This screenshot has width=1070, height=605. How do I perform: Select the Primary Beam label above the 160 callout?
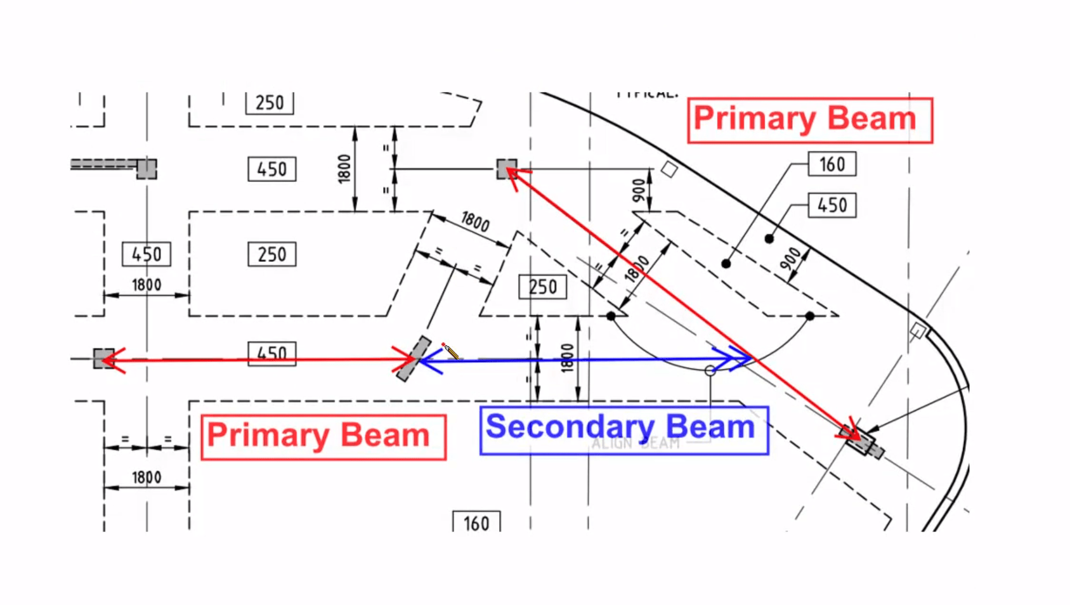[x=809, y=120]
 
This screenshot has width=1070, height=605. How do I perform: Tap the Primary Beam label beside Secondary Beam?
[x=323, y=436]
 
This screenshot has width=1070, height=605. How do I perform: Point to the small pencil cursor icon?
[x=450, y=351]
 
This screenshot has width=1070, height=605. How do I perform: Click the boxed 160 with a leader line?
[x=832, y=164]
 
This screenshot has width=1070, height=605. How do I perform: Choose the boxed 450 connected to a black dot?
[x=832, y=205]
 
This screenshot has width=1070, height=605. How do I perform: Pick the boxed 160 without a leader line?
[x=476, y=523]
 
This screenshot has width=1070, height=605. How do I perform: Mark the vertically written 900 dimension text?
[x=639, y=190]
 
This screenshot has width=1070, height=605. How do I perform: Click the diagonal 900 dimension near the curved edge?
[x=790, y=258]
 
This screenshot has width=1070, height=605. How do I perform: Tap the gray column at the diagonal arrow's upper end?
[x=507, y=169]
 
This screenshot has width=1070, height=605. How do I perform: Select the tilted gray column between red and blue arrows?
[x=413, y=359]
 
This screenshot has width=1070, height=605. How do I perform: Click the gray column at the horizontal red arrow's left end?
[x=103, y=358]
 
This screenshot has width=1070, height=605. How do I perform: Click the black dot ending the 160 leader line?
[x=726, y=263]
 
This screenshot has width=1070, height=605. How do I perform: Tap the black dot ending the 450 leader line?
[x=769, y=238]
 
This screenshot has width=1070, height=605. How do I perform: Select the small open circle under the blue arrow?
[x=710, y=370]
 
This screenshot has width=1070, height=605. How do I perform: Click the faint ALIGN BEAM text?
[x=635, y=443]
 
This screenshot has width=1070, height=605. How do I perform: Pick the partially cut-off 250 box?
[x=270, y=103]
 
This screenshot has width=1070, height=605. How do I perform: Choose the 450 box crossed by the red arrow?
[x=271, y=354]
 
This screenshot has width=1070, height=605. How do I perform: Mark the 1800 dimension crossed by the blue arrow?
[x=567, y=358]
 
